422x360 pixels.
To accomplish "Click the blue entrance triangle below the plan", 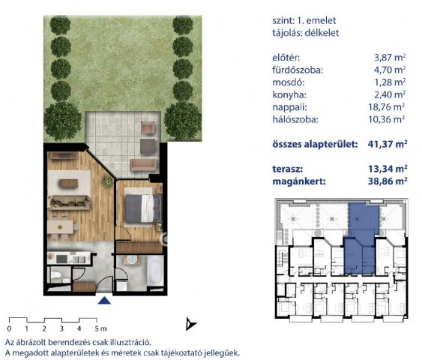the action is (104, 301).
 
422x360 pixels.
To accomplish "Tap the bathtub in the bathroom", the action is (154, 271).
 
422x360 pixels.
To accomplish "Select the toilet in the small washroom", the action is (55, 275).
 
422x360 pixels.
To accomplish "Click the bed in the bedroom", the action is (144, 208).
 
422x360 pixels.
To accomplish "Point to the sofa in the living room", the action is (70, 202).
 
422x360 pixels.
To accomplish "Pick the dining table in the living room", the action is (60, 227).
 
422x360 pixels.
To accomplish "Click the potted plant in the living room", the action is (107, 181).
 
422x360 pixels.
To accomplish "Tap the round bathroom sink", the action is (132, 259).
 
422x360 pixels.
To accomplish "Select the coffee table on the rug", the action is (69, 183).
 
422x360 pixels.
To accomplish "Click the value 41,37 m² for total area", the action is (388, 144).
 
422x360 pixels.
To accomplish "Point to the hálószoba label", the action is (295, 119).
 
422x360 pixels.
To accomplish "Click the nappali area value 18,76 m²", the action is (387, 107).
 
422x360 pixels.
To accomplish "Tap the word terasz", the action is (287, 169).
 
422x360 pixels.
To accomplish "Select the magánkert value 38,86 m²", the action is (388, 181).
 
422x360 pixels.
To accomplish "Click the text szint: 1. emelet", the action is (304, 20).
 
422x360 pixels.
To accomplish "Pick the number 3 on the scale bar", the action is (61, 328).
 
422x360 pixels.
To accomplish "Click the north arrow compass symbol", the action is (190, 324).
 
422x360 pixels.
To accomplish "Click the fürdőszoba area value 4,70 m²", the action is (390, 70).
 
